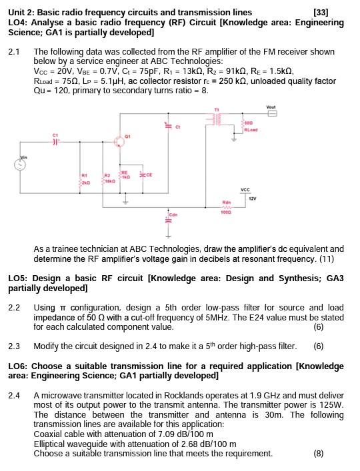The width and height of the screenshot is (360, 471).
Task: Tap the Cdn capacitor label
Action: click(x=173, y=215)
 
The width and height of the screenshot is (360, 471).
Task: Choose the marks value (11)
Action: click(x=335, y=258)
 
